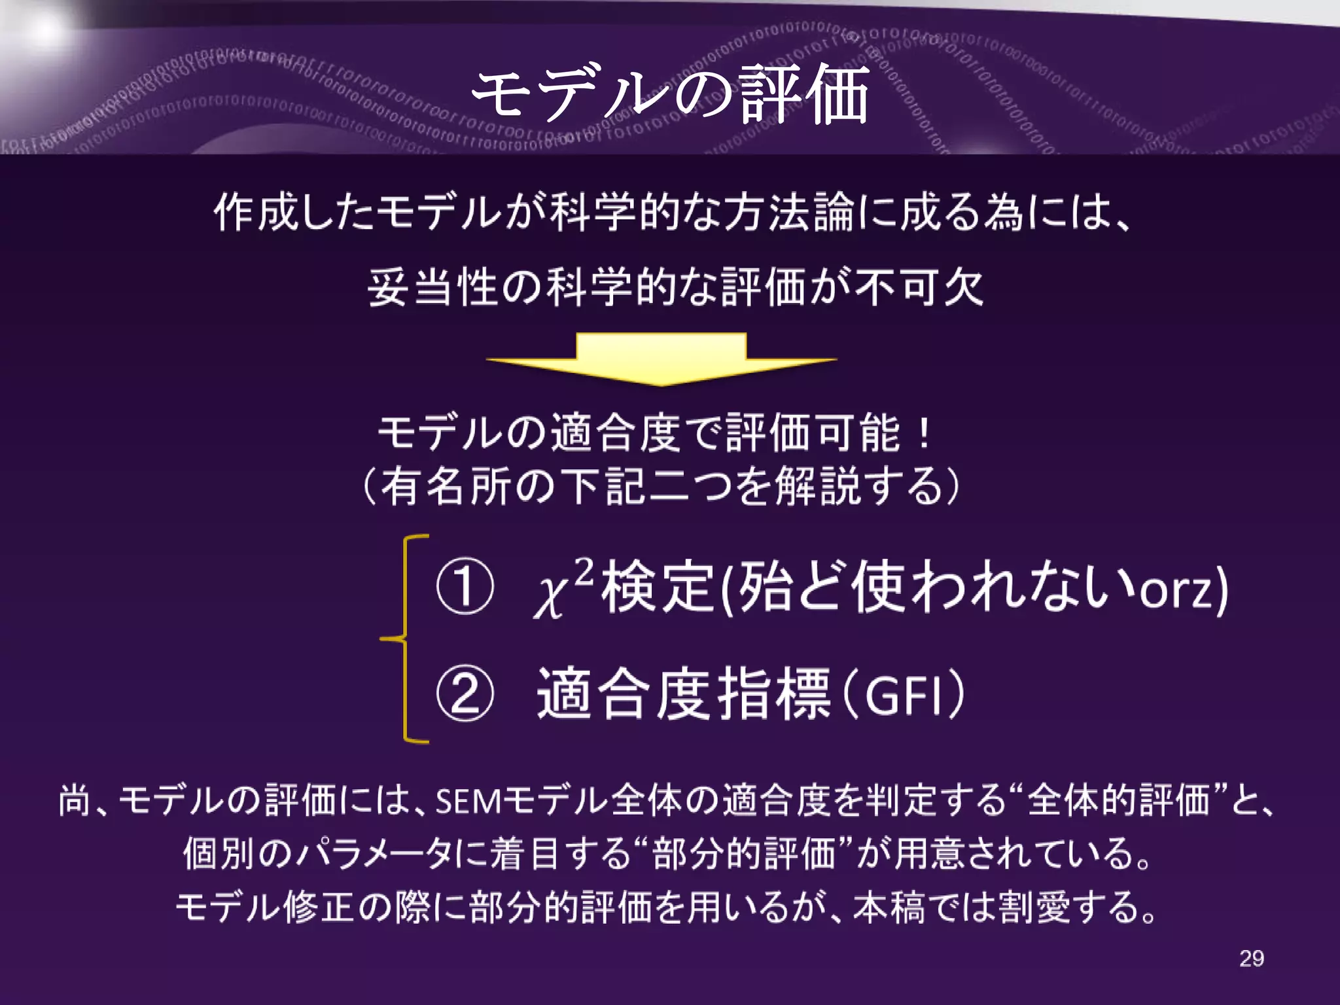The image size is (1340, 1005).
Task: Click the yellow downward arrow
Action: pos(661,359)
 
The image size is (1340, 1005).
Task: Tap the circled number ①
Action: pos(465,586)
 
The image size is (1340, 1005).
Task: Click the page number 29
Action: pos(1251,959)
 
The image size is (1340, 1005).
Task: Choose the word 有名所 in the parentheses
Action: pos(445,487)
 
